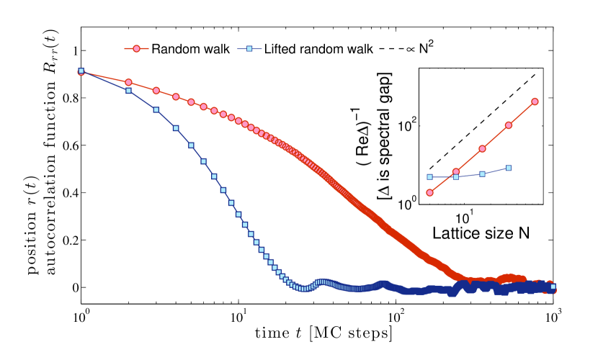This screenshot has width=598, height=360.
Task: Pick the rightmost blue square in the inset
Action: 509,168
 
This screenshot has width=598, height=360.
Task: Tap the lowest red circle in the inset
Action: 430,192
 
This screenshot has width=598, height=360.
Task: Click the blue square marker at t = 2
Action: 129,91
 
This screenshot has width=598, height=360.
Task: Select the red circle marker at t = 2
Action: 129,83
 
